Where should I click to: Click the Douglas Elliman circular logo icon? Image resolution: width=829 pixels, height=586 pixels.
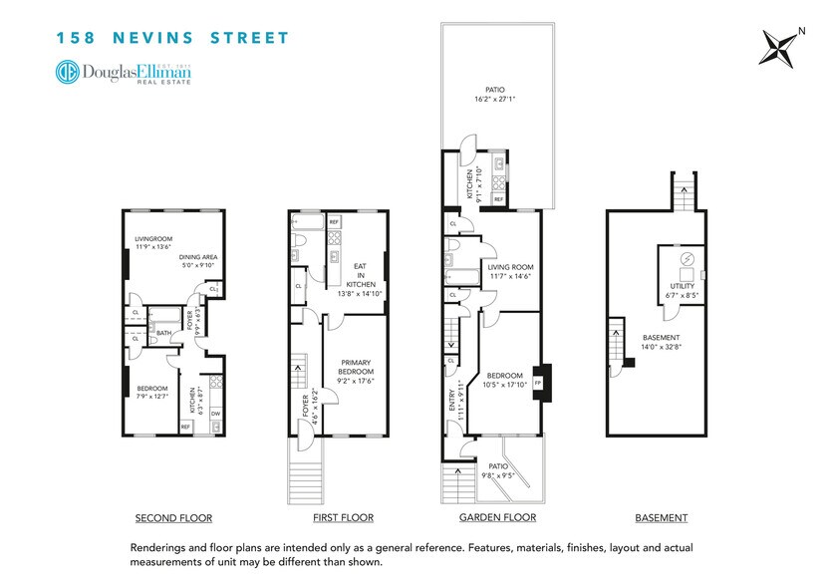tap(69, 73)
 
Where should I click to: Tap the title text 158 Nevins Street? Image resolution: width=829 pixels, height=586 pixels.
tap(172, 39)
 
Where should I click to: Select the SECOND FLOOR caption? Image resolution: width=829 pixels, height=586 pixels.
tap(173, 518)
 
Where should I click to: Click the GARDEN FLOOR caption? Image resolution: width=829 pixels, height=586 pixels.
tap(497, 518)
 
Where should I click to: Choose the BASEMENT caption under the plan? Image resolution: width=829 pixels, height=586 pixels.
tap(661, 518)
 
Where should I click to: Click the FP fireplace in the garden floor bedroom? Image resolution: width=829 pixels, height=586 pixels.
tap(538, 382)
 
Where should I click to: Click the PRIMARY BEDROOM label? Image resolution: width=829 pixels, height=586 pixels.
tap(355, 369)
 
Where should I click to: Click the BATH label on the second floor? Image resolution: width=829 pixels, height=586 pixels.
tap(162, 334)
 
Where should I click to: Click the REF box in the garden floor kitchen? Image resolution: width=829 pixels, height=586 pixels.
tap(498, 198)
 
